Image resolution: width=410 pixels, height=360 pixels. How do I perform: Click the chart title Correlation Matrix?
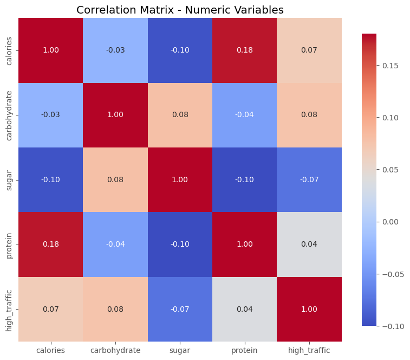(x=180, y=10)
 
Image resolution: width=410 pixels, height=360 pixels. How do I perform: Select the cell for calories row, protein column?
(x=245, y=50)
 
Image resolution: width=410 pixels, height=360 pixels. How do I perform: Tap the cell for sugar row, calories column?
(x=50, y=179)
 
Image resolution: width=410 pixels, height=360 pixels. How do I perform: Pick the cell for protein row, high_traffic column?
(x=309, y=244)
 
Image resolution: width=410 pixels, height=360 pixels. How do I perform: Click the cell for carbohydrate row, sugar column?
(x=180, y=115)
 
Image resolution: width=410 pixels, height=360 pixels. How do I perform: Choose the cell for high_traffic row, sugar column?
(x=180, y=309)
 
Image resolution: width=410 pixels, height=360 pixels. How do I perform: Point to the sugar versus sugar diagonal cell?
(x=180, y=179)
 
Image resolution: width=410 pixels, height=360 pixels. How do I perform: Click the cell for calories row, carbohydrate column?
(x=115, y=50)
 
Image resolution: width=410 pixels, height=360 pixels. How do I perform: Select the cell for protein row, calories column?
(x=50, y=244)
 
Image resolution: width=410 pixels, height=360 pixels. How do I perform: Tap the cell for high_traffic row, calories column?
(x=50, y=309)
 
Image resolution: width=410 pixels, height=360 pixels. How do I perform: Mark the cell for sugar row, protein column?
(x=245, y=179)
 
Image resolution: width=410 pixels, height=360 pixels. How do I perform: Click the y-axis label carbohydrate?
(x=9, y=115)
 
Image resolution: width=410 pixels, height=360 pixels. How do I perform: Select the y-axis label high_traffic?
(x=9, y=309)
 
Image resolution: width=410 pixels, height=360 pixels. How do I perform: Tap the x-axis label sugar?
(x=180, y=350)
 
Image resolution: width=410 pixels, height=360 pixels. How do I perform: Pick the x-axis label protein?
(x=245, y=350)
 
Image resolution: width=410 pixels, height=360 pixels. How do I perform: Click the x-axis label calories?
(x=50, y=350)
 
